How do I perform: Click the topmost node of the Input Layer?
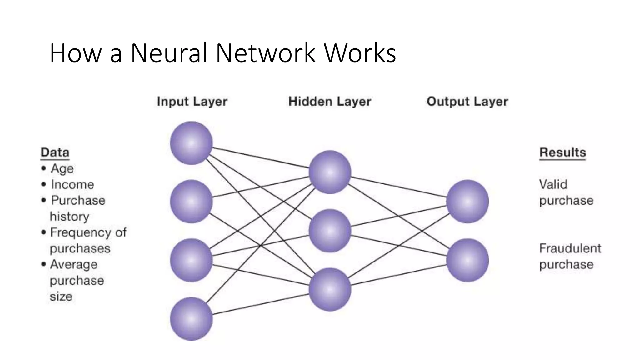[x=191, y=143]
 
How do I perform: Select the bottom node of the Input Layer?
[x=191, y=319]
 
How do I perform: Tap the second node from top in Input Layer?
[x=191, y=202]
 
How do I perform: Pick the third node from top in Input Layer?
[x=191, y=260]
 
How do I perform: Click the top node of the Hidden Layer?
[x=330, y=172]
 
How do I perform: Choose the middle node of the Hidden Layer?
[x=330, y=231]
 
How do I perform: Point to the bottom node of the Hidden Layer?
[x=330, y=289]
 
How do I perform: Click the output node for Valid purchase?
[x=467, y=202]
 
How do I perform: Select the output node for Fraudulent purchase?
[x=467, y=260]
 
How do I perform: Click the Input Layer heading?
[x=192, y=102]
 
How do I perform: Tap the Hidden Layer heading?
[x=330, y=102]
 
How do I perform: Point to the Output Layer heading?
[x=467, y=102]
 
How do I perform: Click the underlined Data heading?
[x=55, y=152]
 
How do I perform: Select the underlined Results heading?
[x=562, y=152]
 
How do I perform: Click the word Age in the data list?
[x=62, y=169]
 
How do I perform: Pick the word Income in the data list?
[x=72, y=184]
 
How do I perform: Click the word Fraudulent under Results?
[x=570, y=248]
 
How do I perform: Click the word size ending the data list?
[x=61, y=296]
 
